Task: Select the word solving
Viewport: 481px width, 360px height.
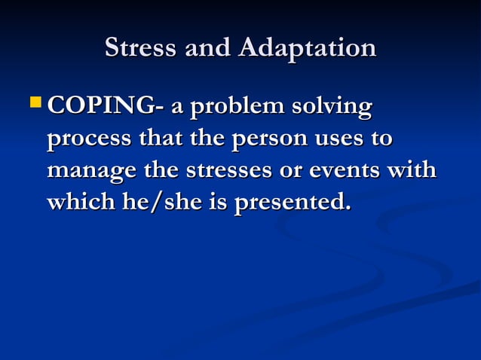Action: point(337,107)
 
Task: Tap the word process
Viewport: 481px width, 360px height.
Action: point(88,139)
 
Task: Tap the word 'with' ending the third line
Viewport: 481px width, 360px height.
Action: point(411,170)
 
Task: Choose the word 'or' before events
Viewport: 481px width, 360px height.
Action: point(287,171)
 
